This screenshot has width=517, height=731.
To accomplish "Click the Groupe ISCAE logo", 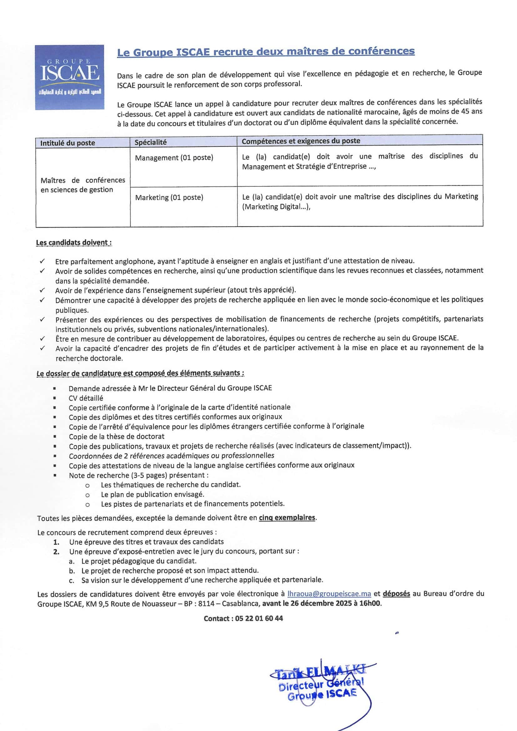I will click(69, 77).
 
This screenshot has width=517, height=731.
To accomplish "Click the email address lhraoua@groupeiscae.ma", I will click(329, 594).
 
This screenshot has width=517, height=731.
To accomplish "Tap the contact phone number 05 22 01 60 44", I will click(259, 618).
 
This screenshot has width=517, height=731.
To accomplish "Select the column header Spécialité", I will click(151, 142).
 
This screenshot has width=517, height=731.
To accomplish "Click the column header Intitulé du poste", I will click(68, 143).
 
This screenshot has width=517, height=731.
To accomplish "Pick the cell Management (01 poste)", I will click(174, 158).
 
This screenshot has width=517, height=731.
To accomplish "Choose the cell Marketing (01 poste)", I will click(169, 197).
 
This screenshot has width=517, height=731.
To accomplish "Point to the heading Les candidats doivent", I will click(73, 243).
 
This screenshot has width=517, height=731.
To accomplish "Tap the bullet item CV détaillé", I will click(86, 398).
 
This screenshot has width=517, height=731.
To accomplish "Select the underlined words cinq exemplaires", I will click(287, 518).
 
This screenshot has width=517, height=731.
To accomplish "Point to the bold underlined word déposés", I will click(396, 593).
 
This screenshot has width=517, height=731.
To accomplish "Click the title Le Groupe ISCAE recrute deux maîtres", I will click(266, 52).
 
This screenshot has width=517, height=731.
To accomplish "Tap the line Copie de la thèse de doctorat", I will click(117, 436).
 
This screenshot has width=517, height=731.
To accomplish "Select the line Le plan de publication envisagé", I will click(153, 494).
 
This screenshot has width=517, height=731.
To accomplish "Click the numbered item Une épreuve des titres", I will click(146, 542).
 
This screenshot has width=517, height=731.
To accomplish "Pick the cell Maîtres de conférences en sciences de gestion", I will click(83, 185).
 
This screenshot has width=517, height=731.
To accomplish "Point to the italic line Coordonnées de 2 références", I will click(171, 456).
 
